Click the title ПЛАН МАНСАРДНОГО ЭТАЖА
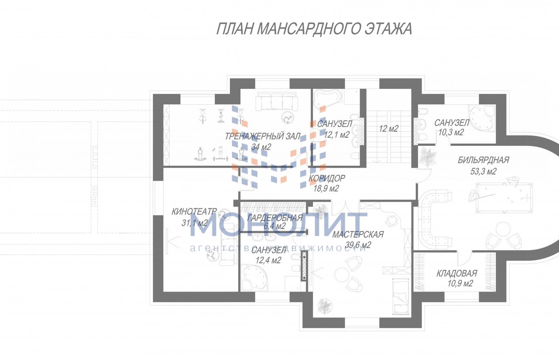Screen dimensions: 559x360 314,29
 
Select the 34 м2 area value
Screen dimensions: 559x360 261,147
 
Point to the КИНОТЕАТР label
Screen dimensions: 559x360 194,212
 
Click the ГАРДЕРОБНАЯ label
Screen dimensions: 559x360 275,218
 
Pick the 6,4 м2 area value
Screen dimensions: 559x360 274,226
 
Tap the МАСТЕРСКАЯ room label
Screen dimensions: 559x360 358,235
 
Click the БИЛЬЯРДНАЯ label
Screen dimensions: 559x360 484,160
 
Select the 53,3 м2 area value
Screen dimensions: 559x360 484,171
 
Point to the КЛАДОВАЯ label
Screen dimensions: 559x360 457,273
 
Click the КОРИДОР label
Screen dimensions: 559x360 327,178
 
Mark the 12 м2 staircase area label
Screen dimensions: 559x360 389,129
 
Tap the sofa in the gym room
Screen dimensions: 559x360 277,102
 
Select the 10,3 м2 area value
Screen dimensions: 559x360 451,132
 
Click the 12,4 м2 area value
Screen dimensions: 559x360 268,260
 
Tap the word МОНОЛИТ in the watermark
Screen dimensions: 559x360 279,224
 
